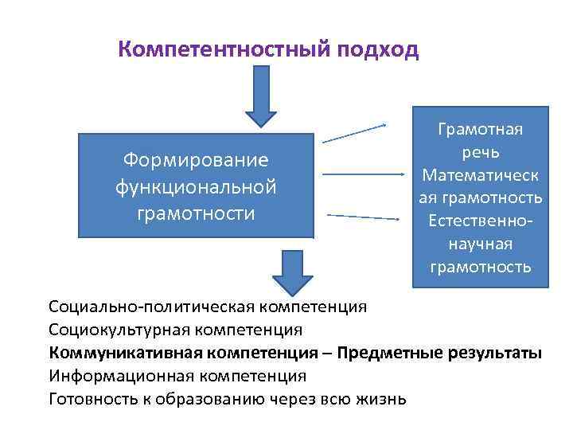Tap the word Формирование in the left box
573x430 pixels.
[196, 160]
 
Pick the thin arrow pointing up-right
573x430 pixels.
[354, 134]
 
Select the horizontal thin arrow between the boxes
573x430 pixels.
[365, 174]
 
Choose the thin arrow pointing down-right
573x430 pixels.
[363, 217]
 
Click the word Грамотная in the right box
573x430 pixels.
[481, 130]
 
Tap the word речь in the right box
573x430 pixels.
[481, 152]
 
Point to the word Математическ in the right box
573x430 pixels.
[481, 174]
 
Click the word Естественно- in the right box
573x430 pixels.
[481, 220]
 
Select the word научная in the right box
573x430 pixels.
[481, 243]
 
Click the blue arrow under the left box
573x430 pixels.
[294, 271]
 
